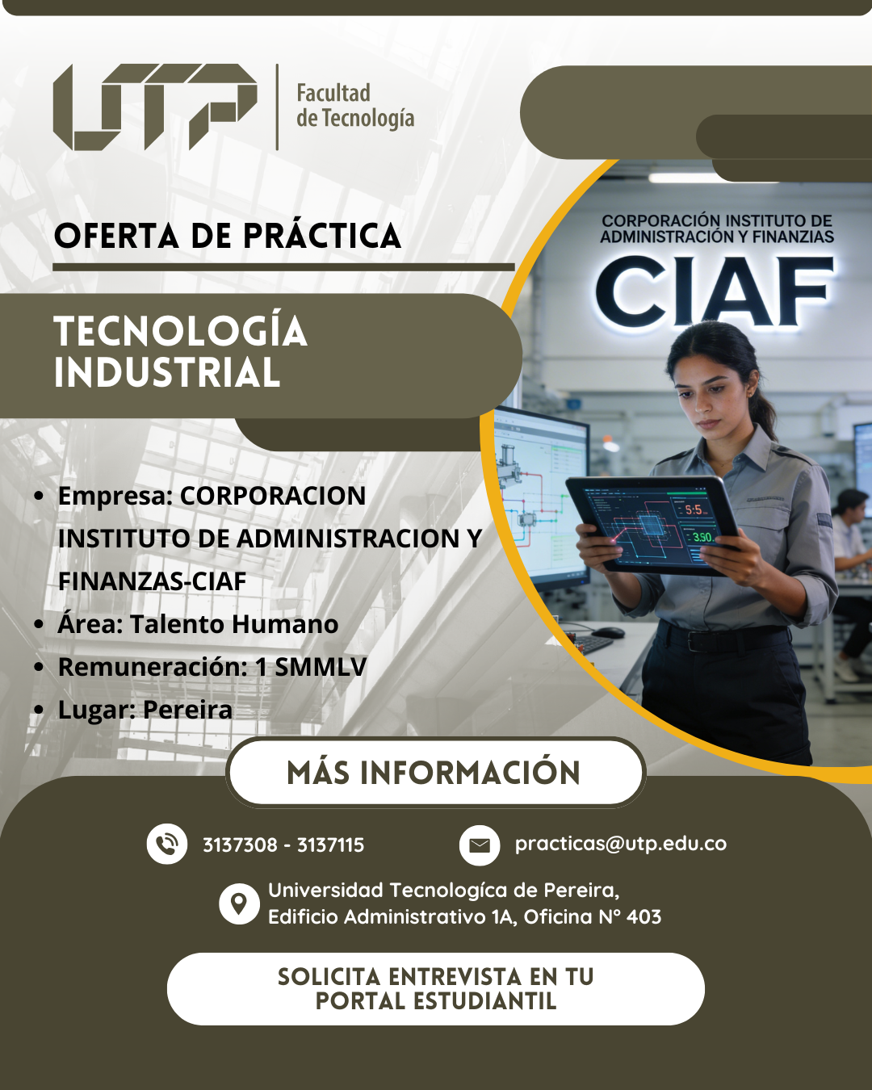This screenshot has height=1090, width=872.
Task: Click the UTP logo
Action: pyautogui.click(x=155, y=107)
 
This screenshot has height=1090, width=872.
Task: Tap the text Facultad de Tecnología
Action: pyautogui.click(x=355, y=106)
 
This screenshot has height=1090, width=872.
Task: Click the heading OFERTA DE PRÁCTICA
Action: pyautogui.click(x=228, y=236)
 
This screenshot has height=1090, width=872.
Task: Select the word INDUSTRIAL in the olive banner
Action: pyautogui.click(x=167, y=372)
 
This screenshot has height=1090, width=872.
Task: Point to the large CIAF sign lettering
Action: pyautogui.click(x=715, y=293)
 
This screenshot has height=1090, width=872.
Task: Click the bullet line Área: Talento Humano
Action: pyautogui.click(x=198, y=623)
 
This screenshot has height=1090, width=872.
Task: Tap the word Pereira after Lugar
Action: pyautogui.click(x=187, y=710)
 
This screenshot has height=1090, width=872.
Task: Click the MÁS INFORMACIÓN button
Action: pyautogui.click(x=435, y=773)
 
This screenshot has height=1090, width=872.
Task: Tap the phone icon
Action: pyautogui.click(x=166, y=844)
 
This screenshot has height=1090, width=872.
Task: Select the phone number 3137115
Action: pyautogui.click(x=330, y=845)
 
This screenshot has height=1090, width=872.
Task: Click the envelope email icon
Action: pyautogui.click(x=480, y=845)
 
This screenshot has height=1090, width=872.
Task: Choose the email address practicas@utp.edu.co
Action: pyautogui.click(x=621, y=844)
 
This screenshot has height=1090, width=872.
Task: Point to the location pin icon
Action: pyautogui.click(x=239, y=903)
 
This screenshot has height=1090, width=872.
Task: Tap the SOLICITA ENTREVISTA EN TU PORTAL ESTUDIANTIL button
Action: pyautogui.click(x=436, y=989)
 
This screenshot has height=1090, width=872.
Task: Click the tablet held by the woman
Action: pyautogui.click(x=652, y=524)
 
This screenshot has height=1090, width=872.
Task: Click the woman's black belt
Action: pyautogui.click(x=723, y=638)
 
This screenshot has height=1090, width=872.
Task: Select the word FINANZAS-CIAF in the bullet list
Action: pyautogui.click(x=153, y=581)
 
